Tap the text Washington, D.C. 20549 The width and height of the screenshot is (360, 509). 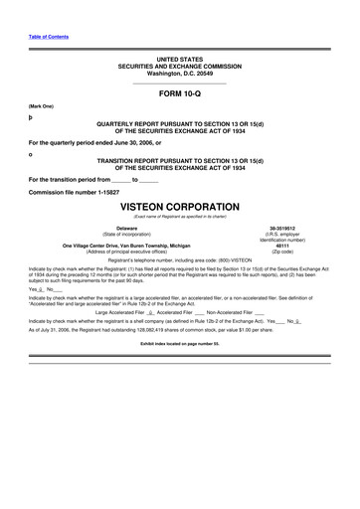coord(179,74)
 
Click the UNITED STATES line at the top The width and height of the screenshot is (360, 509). coord(179,61)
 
